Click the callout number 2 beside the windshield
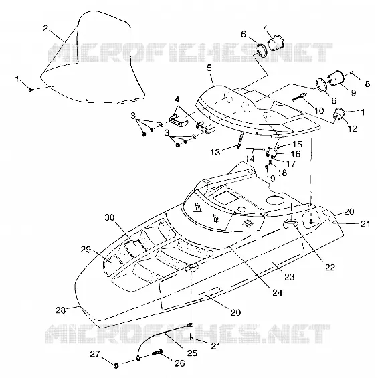45,29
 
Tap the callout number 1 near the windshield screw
17,80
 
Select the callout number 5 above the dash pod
209,68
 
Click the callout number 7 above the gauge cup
265,28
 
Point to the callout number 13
215,152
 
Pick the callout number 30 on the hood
110,217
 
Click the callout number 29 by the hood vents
86,250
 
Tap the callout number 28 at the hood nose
60,310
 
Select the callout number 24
278,292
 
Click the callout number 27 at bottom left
95,354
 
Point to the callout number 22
330,267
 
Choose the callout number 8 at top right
367,84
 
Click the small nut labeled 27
116,365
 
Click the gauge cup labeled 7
276,43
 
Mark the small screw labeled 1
31,90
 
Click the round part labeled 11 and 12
339,114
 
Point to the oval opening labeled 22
290,223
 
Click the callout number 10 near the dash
319,110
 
